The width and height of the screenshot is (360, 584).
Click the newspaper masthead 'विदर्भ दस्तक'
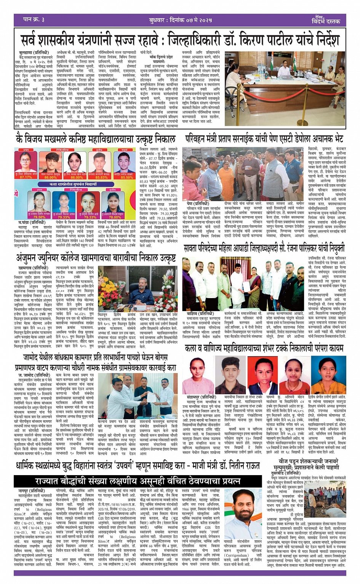[325, 22]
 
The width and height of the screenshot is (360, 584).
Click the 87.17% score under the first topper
[26, 177]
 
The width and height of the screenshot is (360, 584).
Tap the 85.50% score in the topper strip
[127, 177]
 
